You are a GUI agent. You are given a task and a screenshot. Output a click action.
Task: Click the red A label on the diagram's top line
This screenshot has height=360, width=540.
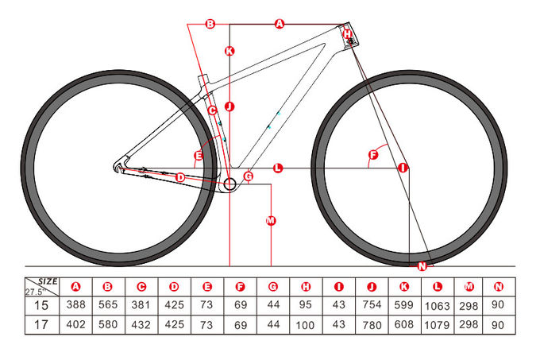click(x=280, y=24)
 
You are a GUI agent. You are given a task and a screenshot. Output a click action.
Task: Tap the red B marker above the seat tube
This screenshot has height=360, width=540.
click(x=210, y=24)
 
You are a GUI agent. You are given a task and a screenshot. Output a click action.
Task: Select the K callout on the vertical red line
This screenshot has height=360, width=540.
click(x=229, y=52)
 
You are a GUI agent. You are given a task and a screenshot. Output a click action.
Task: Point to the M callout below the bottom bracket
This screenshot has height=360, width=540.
click(x=271, y=220)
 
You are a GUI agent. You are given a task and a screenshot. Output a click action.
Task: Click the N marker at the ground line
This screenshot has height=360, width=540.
click(x=422, y=266)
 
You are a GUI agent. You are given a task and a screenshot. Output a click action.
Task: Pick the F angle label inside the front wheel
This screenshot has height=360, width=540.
click(x=373, y=155)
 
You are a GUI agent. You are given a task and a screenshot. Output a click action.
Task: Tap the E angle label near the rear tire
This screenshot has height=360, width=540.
click(x=199, y=156)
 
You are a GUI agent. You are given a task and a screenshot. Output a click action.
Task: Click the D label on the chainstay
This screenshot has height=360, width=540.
click(x=180, y=178)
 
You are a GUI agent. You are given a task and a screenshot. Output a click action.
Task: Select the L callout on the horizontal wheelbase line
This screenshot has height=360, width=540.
click(x=278, y=168)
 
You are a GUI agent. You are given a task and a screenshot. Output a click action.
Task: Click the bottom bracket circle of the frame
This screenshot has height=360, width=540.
click(x=229, y=184)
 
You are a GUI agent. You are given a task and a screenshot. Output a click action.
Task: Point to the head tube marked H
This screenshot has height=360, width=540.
click(x=348, y=35)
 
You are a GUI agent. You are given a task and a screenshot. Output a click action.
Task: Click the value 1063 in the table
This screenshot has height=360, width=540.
click(x=437, y=306)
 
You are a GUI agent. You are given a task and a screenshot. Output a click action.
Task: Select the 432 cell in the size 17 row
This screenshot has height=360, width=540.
click(x=141, y=324)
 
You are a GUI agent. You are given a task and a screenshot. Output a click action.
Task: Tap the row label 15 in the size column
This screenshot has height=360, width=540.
click(x=41, y=305)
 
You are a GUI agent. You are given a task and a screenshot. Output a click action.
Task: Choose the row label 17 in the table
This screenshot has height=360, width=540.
click(x=41, y=324)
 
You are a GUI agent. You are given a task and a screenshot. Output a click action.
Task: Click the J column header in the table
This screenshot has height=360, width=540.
click(x=372, y=287)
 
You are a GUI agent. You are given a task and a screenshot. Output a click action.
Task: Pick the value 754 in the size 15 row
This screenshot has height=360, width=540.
click(x=372, y=304)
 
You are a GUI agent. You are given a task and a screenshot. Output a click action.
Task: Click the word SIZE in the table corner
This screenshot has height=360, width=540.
click(x=48, y=281)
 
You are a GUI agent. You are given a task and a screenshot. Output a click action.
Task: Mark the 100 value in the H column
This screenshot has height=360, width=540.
click(x=305, y=325)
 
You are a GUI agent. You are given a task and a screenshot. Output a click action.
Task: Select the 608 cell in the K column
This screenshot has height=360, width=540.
click(x=404, y=324)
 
